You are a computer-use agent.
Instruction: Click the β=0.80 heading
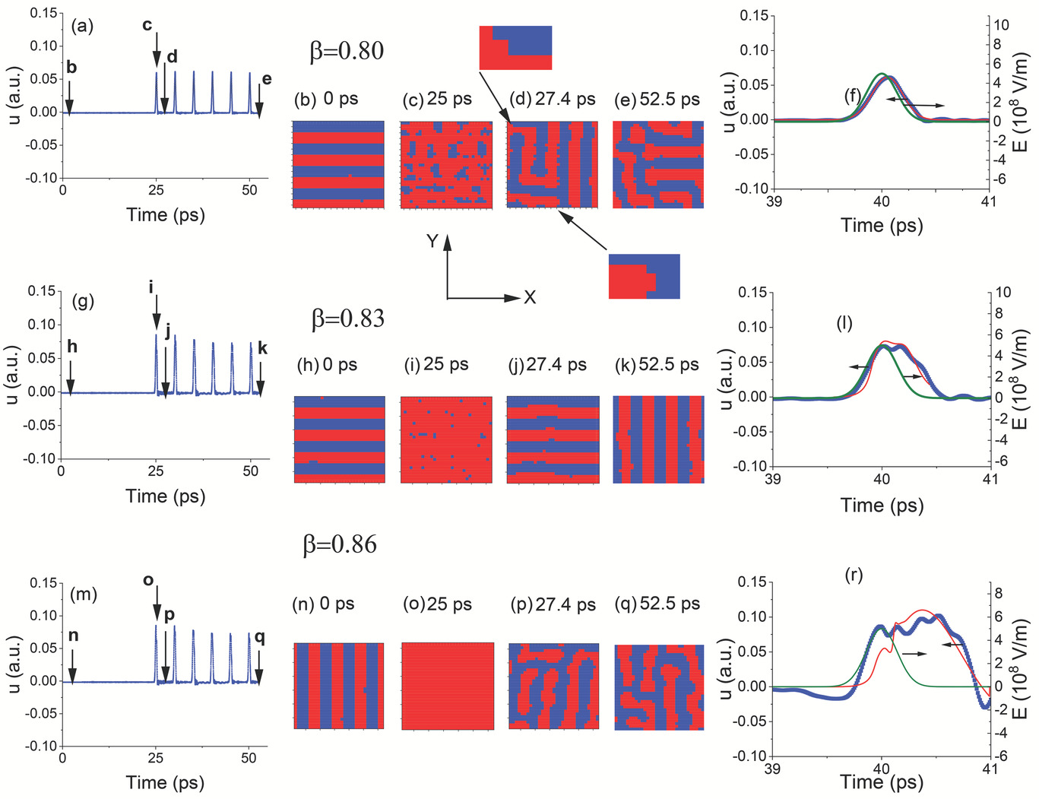point(347,51)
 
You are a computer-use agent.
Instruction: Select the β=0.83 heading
point(348,318)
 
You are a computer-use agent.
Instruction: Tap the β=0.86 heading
point(340,544)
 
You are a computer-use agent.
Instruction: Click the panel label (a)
point(82,26)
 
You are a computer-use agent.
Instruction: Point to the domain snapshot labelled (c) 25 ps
point(446,163)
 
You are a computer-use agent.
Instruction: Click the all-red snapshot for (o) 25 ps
point(448,686)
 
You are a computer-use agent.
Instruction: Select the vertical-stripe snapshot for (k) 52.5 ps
point(658,439)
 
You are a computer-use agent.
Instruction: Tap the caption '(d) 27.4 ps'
point(552,99)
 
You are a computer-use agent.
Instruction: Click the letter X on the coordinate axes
point(530,297)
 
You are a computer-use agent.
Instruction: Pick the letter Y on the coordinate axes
point(432,241)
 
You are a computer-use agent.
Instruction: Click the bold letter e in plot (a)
point(266,79)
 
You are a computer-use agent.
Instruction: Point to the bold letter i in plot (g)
point(151,287)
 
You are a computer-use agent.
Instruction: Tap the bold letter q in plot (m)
point(259,637)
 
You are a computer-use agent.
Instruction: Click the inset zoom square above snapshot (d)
point(515,48)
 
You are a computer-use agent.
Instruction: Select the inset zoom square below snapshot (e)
point(644,277)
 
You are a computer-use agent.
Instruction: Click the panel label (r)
point(854,575)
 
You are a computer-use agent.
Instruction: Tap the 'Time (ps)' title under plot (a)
point(166,214)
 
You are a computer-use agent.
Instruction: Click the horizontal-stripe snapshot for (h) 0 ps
point(339,439)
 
